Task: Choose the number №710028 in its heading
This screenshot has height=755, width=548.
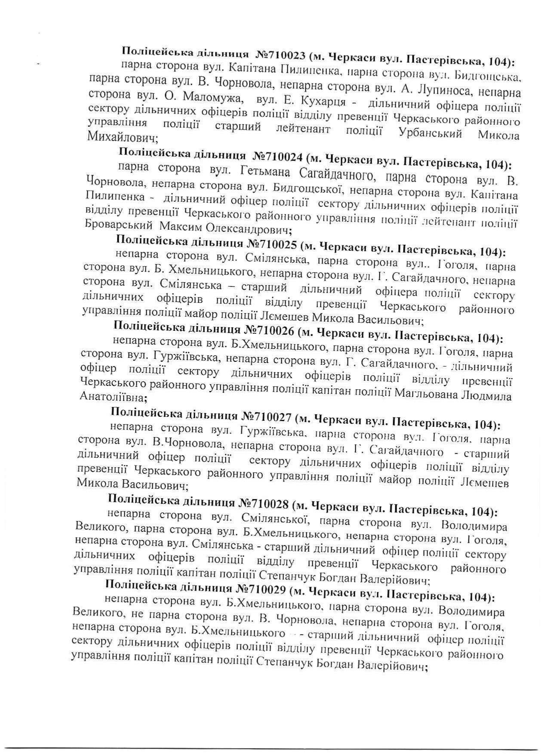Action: [265, 503]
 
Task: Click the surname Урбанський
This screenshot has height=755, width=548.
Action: [431, 133]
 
